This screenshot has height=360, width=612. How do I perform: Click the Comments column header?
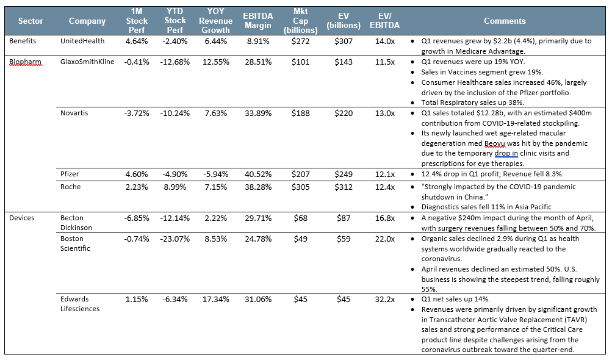pyautogui.click(x=504, y=21)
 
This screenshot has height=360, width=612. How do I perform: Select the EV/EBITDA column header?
pyautogui.click(x=384, y=21)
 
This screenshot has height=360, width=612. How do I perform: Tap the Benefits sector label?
pyautogui.click(x=23, y=41)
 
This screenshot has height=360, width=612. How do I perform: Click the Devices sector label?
pyautogui.click(x=22, y=218)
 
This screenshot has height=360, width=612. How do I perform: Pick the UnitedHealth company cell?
pyautogui.click(x=82, y=41)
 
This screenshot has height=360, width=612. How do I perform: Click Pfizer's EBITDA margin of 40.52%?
pyautogui.click(x=258, y=174)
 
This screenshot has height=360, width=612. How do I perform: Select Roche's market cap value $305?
pyautogui.click(x=301, y=187)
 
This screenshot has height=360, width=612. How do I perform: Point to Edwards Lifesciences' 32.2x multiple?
pyautogui.click(x=384, y=300)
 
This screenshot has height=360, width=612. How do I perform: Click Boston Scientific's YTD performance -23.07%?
pyautogui.click(x=175, y=239)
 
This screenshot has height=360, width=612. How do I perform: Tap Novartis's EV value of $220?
pyautogui.click(x=344, y=113)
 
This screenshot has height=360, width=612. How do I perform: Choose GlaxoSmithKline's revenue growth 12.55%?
pyautogui.click(x=216, y=62)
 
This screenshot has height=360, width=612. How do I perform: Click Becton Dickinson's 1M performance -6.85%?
pyautogui.click(x=137, y=218)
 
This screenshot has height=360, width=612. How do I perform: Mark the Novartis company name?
pyautogui.click(x=74, y=113)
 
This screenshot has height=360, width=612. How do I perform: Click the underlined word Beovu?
pyautogui.click(x=494, y=143)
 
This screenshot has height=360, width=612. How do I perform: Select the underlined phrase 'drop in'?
pyautogui.click(x=506, y=153)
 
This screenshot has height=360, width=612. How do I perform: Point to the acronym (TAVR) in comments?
pyautogui.click(x=574, y=320)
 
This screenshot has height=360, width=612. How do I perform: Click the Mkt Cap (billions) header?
pyautogui.click(x=301, y=21)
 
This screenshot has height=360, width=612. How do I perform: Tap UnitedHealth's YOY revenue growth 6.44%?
pyautogui.click(x=216, y=41)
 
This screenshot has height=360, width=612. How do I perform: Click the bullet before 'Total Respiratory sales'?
pyautogui.click(x=412, y=103)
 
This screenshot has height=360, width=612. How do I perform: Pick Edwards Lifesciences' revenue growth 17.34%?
pyautogui.click(x=216, y=300)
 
